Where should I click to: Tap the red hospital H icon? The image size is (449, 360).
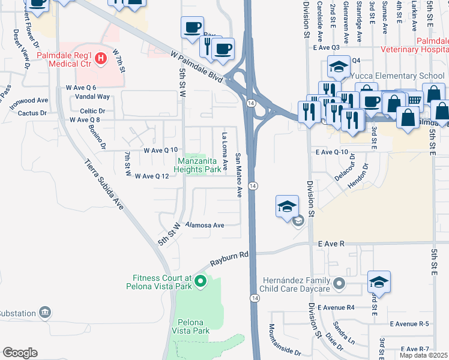coord(101,58)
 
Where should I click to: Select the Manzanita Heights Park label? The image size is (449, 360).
coord(197,165)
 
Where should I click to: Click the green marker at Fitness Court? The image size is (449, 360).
coord(201,280)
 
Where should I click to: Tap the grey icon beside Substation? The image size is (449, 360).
coord(44,313)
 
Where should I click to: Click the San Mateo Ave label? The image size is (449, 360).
coord(238,174)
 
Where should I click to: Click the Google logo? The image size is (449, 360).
coord(20,353)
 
